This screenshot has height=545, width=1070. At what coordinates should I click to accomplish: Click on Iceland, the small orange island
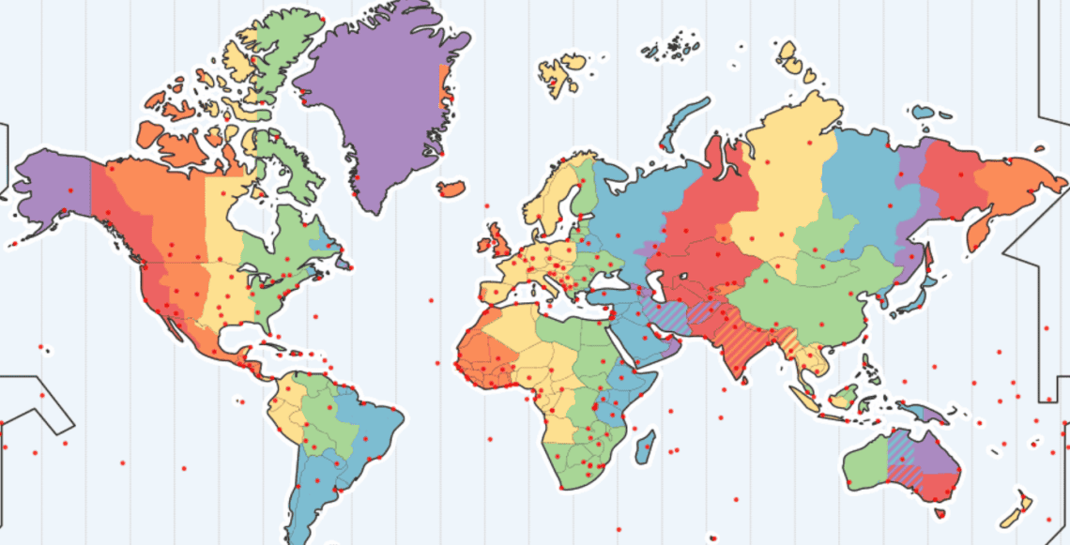(x=451, y=189)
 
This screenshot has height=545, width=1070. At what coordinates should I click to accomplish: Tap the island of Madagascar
(x=644, y=447)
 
